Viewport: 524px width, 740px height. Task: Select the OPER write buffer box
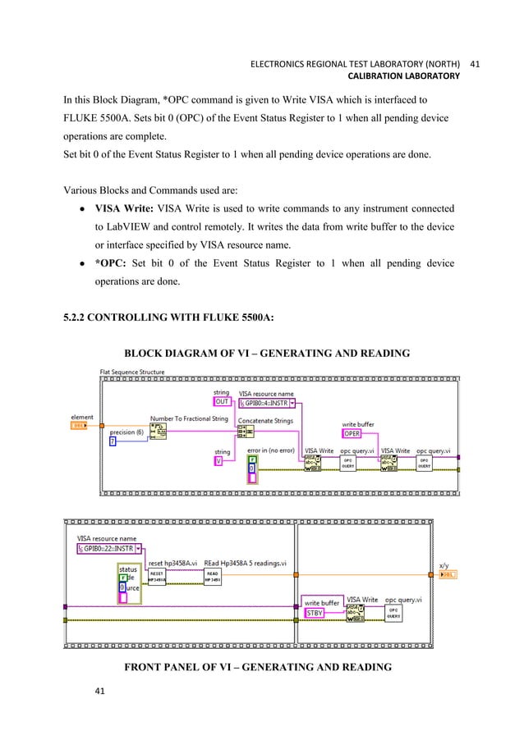352,434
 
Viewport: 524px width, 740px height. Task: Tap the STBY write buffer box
315,613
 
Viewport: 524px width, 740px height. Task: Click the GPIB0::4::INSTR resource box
268,403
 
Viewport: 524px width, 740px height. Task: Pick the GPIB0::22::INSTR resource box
108,548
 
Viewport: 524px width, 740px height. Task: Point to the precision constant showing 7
113,442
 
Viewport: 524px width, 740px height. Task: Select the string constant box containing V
218,461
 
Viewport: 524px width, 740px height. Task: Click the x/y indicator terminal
448,575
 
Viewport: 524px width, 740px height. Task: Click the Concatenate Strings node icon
246,431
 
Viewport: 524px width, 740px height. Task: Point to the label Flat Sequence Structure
131,372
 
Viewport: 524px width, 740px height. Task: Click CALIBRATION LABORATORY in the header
404,76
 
